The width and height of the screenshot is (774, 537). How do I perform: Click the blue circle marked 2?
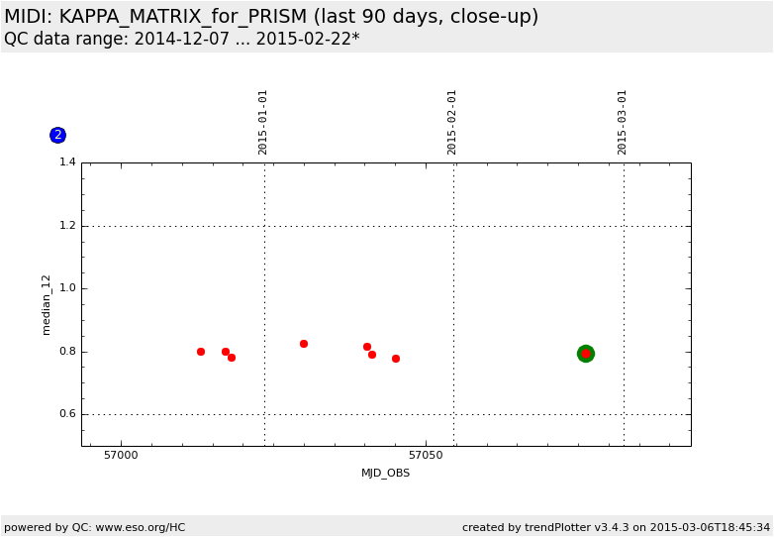pos(57,135)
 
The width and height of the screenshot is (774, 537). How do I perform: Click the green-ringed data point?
pos(586,354)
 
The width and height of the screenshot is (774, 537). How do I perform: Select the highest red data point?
pos(304,344)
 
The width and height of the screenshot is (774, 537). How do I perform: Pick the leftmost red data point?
pos(201,352)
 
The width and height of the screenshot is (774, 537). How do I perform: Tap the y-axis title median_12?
pos(47,304)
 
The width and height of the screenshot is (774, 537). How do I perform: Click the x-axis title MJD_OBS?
pos(385,474)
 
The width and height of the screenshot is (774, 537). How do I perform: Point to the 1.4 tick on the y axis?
pos(67,162)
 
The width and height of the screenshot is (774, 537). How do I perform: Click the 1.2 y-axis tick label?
pos(67,226)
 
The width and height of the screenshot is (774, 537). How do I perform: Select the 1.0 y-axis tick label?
pos(67,288)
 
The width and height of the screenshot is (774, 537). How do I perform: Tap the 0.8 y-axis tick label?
pos(67,352)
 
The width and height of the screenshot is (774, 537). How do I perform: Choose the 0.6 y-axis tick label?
pos(67,414)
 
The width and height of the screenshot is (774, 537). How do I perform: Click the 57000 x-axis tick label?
pos(121,456)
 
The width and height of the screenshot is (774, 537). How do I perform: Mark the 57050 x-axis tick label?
pos(426,456)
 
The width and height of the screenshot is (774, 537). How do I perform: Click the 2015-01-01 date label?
pos(263,122)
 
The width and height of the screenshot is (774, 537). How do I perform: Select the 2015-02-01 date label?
pos(452,122)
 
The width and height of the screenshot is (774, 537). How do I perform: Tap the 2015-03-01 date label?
pos(623,122)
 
